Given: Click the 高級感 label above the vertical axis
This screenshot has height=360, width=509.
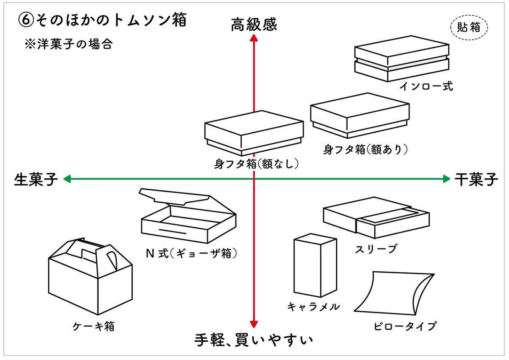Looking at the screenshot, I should (254, 25).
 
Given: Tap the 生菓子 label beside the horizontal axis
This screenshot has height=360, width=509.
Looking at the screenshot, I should (36, 179).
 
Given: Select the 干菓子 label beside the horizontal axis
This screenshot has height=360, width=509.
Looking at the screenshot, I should (476, 179).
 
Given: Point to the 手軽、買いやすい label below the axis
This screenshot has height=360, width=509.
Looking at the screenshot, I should (254, 340).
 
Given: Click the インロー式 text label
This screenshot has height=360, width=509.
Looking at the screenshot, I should (426, 87).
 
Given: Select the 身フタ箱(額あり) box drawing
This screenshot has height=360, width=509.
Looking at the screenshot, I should (360, 115).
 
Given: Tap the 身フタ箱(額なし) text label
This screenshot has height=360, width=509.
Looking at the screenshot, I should (254, 163).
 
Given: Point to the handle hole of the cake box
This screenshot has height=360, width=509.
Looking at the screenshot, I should (111, 259).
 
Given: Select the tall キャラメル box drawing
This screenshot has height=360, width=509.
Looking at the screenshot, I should (315, 266).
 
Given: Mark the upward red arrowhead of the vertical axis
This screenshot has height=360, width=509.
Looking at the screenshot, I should (254, 38).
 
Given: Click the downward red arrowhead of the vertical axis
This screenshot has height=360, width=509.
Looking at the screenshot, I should (254, 325).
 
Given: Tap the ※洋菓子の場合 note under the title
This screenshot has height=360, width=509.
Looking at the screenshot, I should (69, 44).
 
